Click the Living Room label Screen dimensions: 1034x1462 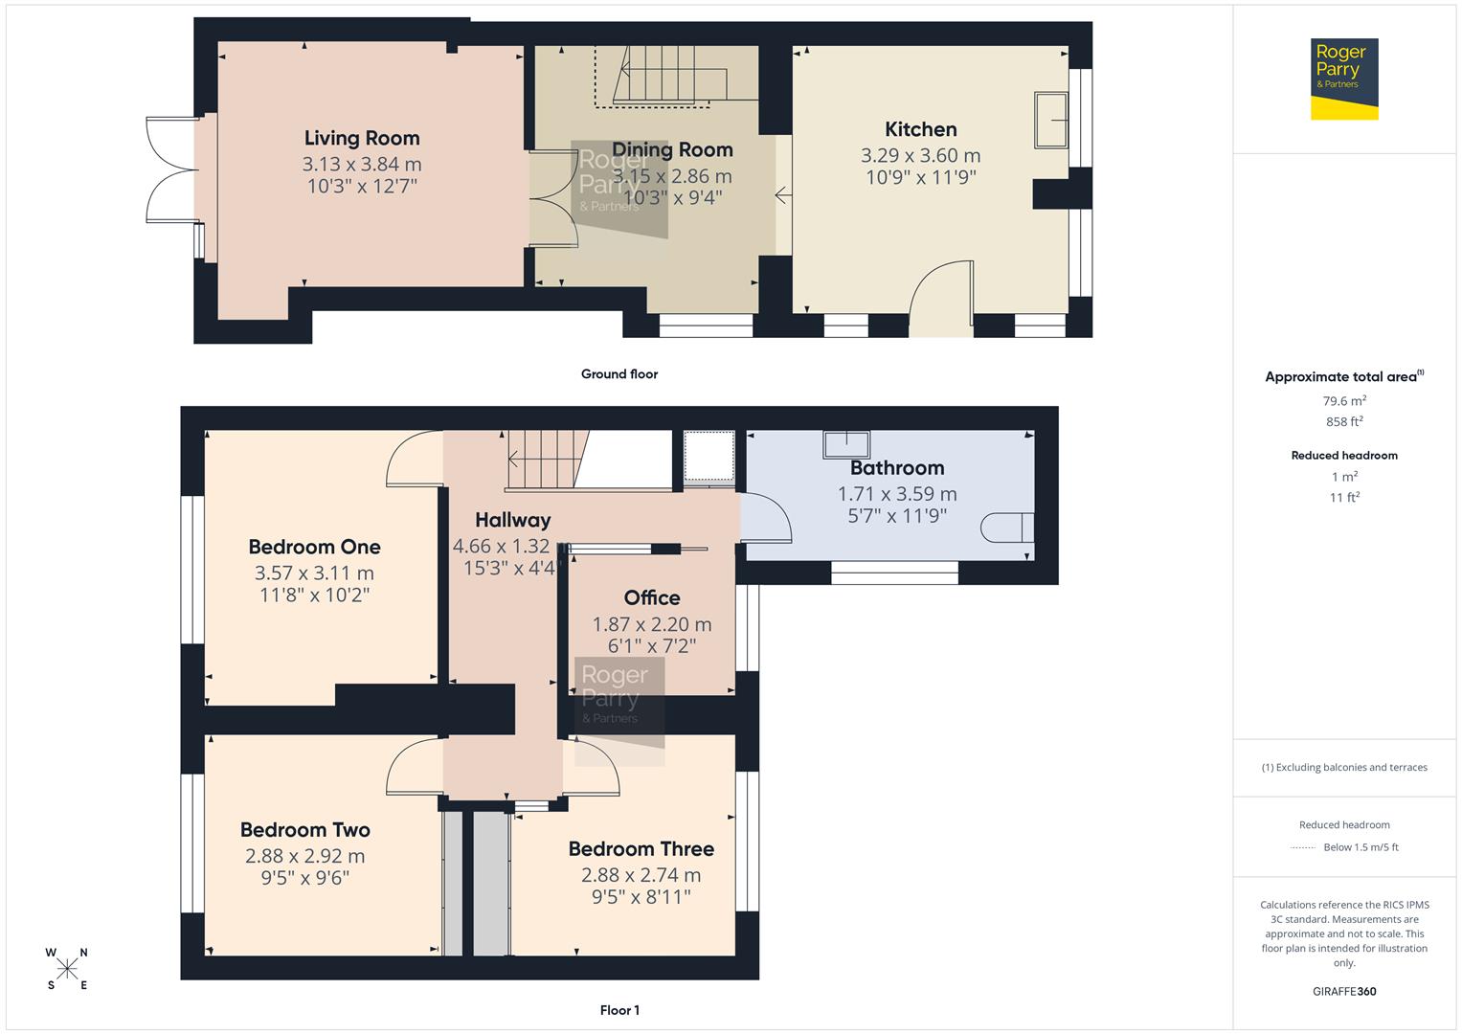(x=362, y=138)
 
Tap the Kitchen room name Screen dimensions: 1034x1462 (x=920, y=129)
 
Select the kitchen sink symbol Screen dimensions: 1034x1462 (x=1051, y=120)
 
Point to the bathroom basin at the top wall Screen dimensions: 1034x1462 (x=846, y=444)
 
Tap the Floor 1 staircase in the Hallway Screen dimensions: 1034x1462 (x=546, y=460)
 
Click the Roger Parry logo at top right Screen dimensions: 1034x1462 (x=1343, y=79)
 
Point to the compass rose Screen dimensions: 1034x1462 (x=67, y=969)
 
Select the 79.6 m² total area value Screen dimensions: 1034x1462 (x=1344, y=401)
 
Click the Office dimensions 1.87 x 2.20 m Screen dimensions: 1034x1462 (x=651, y=624)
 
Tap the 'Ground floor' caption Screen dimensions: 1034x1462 (x=619, y=374)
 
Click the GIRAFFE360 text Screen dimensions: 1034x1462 (x=1344, y=991)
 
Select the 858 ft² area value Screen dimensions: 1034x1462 (x=1344, y=421)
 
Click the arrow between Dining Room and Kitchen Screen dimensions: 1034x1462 (x=782, y=196)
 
